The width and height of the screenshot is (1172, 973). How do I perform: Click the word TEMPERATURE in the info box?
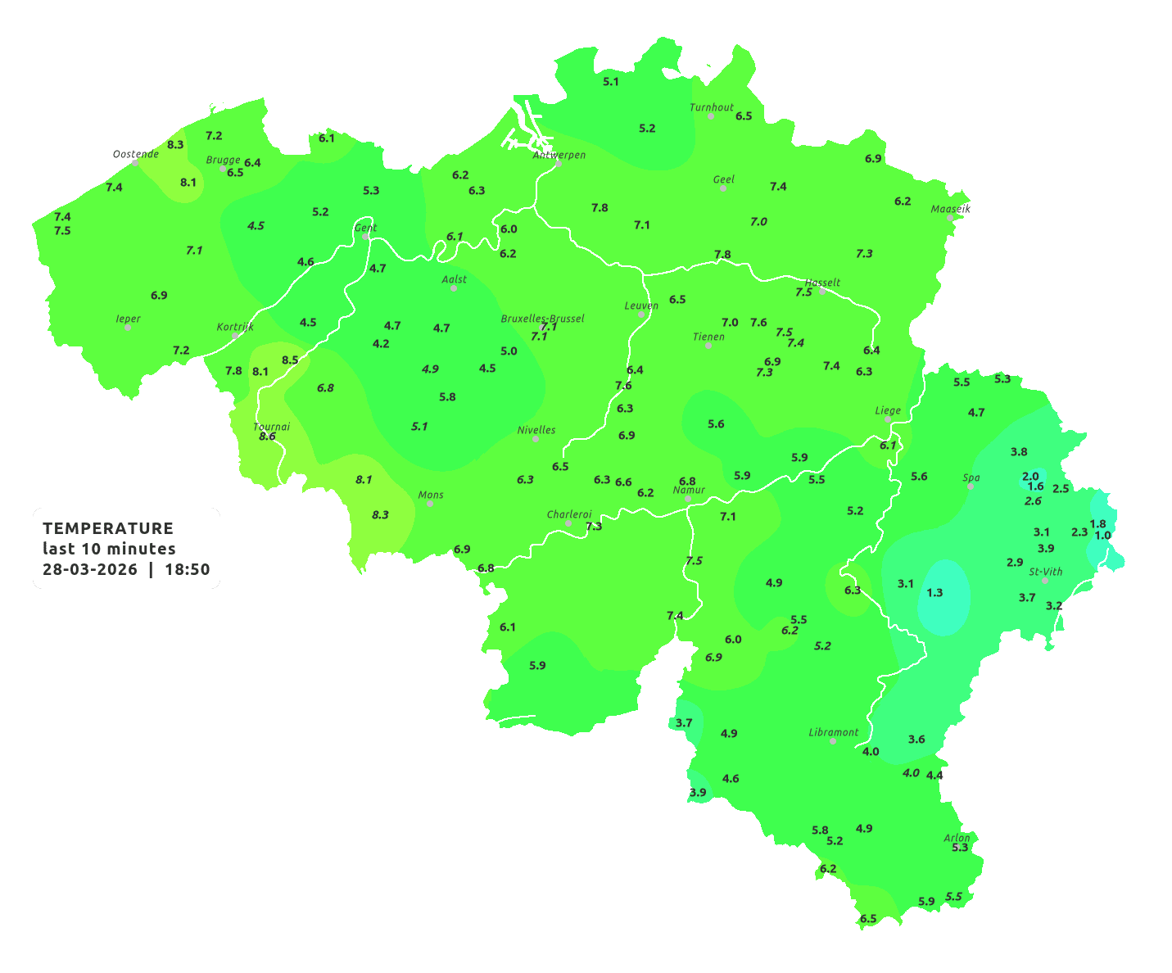click(108, 528)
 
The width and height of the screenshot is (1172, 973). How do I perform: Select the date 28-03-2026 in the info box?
click(90, 569)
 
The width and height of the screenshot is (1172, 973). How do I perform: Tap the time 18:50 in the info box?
click(188, 569)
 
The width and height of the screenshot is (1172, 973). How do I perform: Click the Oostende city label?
click(135, 154)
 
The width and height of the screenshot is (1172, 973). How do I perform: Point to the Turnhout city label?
click(712, 107)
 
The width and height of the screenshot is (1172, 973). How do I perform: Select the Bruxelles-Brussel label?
click(542, 318)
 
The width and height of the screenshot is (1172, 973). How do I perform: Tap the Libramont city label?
click(834, 732)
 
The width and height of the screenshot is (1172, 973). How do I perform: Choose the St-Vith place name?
click(1046, 572)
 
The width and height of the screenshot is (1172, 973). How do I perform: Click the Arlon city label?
click(957, 837)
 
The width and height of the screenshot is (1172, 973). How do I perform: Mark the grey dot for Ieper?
click(128, 328)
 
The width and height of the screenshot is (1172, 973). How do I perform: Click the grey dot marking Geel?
click(723, 188)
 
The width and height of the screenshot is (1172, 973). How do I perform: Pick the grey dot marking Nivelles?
click(536, 439)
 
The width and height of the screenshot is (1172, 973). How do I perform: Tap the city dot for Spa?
click(971, 486)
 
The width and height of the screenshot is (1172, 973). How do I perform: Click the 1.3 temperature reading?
click(934, 592)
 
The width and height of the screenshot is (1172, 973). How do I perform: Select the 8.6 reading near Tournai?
click(267, 437)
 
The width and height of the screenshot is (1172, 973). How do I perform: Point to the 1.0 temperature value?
click(1103, 536)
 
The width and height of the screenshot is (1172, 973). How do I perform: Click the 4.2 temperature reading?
click(381, 344)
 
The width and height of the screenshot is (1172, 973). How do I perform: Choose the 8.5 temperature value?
click(290, 360)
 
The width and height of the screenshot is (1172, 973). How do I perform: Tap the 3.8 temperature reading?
click(1019, 451)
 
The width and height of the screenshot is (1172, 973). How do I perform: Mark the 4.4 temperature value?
click(934, 775)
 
